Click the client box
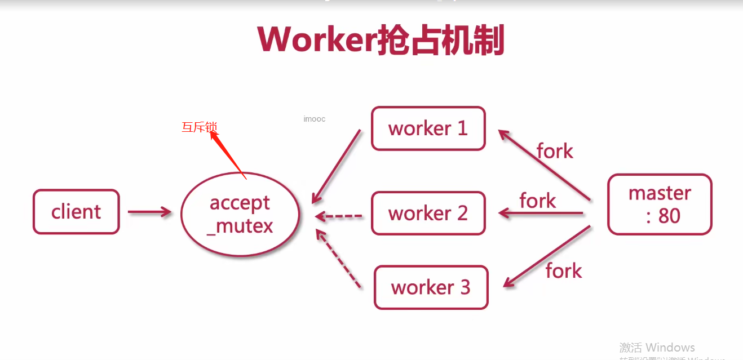76,212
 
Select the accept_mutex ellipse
240,214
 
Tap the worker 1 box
428,128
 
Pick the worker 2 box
428,214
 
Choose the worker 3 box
431,287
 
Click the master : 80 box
660,204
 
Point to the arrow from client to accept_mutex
149,212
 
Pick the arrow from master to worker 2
541,213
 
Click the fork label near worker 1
555,151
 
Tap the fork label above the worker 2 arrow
537,201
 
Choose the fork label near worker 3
563,271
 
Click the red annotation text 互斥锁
199,127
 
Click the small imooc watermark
314,119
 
